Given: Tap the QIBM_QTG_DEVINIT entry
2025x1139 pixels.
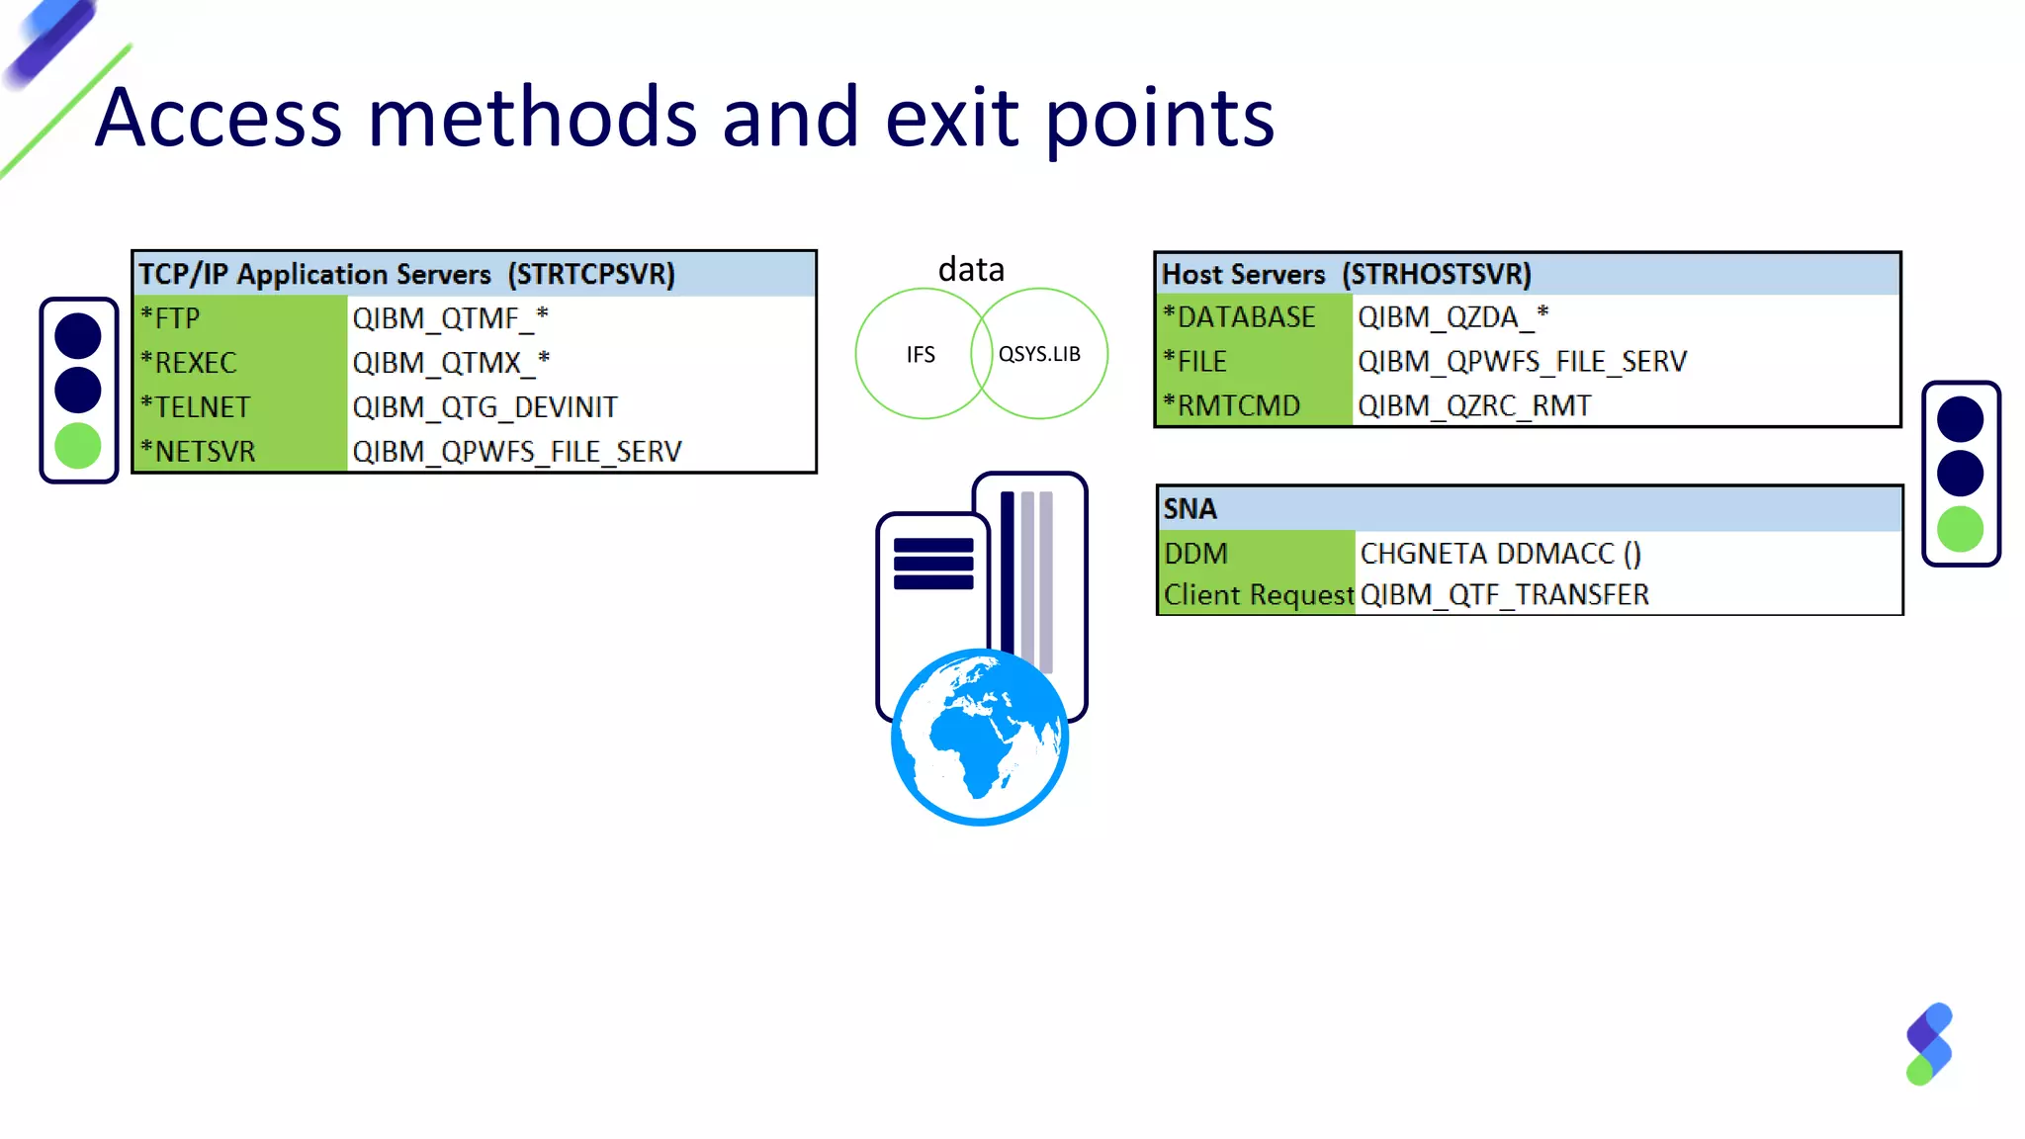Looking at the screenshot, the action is pyautogui.click(x=484, y=407).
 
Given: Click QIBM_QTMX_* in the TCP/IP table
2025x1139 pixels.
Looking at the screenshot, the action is pyautogui.click(x=451, y=363).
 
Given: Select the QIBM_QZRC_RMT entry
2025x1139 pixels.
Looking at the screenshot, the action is pyautogui.click(x=1474, y=406).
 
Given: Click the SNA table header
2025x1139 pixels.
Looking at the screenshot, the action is pyautogui.click(x=1190, y=509).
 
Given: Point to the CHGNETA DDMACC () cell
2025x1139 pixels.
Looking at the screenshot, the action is pyautogui.click(x=1500, y=554).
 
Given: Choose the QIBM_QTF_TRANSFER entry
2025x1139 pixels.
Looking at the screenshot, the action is pyautogui.click(x=1504, y=595).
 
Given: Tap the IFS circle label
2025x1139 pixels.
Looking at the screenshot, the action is pyautogui.click(x=921, y=355).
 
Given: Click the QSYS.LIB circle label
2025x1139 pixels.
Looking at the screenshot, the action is pyautogui.click(x=1039, y=354).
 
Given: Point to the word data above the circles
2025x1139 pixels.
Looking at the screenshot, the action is pyautogui.click(x=971, y=270).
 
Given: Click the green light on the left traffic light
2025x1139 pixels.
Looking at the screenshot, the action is pyautogui.click(x=78, y=446).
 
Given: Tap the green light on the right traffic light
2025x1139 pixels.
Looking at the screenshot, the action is pyautogui.click(x=1960, y=529).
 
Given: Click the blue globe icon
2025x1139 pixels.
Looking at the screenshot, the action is pyautogui.click(x=980, y=738).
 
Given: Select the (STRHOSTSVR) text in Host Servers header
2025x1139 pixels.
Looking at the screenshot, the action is pyautogui.click(x=1436, y=275).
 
